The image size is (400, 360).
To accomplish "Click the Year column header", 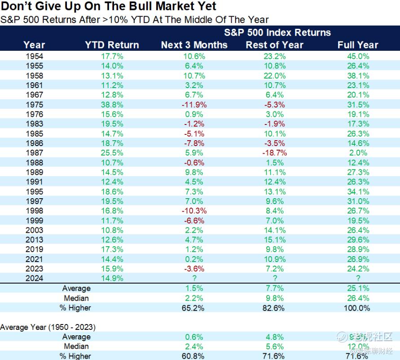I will (34, 45).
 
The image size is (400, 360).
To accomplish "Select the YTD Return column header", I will (112, 45).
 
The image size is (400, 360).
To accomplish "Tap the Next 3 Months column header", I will (194, 45).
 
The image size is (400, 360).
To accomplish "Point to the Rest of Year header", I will (274, 45).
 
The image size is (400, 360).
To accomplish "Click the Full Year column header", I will (358, 45).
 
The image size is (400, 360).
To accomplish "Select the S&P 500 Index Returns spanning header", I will (277, 32).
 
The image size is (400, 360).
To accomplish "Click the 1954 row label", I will (35, 56).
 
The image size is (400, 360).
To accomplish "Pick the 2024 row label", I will (35, 278).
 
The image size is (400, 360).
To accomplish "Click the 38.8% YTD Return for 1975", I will (112, 105).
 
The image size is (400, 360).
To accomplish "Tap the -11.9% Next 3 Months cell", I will (194, 105).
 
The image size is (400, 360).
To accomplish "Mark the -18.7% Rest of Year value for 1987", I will (275, 153).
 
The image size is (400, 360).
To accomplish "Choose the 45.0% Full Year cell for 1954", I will (358, 56).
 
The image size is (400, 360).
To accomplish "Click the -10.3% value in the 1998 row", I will (194, 211).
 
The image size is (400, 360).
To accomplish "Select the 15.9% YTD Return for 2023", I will (112, 269).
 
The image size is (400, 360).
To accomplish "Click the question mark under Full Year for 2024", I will (358, 278).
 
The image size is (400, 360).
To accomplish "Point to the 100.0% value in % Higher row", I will (358, 308).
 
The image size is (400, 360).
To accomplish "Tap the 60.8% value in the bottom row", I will (194, 356).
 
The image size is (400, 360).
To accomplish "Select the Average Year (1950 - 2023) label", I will (48, 327).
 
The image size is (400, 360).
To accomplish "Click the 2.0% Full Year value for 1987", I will (358, 153).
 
